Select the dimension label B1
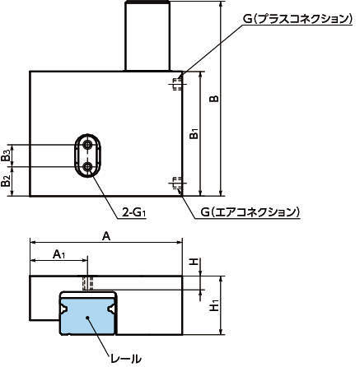pyautogui.click(x=194, y=133)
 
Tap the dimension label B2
pyautogui.click(x=6, y=181)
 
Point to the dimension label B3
pyautogui.click(x=6, y=156)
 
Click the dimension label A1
pyautogui.click(x=59, y=254)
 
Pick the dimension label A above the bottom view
pyautogui.click(x=106, y=236)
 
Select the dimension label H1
pyautogui.click(x=215, y=305)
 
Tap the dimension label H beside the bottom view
pyautogui.click(x=194, y=262)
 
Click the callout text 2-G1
pyautogui.click(x=133, y=212)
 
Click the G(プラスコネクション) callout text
pyautogui.click(x=297, y=19)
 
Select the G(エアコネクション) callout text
pyautogui.click(x=250, y=212)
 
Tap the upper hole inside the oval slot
pyautogui.click(x=88, y=145)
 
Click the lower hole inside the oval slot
pyautogui.click(x=88, y=166)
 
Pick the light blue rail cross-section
pyautogui.click(x=88, y=316)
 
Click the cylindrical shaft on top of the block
pyautogui.click(x=147, y=35)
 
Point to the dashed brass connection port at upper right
pyautogui.click(x=177, y=83)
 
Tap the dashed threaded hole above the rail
pyautogui.click(x=88, y=283)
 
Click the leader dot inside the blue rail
pyautogui.click(x=87, y=318)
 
